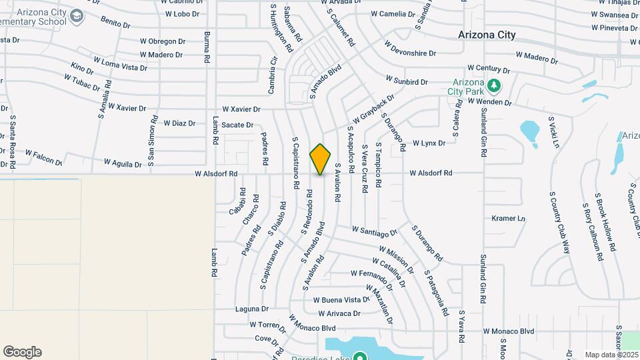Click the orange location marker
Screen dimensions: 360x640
click(321, 159)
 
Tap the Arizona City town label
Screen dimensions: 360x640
click(487, 35)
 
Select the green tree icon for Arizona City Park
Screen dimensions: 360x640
click(493, 85)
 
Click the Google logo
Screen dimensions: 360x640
click(22, 352)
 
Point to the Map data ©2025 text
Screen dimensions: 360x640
click(611, 355)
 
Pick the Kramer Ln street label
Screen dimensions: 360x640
click(509, 218)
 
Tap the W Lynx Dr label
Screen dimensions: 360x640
click(429, 143)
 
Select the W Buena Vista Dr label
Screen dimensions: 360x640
click(341, 300)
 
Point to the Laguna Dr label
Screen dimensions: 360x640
click(251, 309)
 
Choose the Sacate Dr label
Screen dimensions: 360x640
click(238, 125)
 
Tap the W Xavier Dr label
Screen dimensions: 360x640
click(241, 109)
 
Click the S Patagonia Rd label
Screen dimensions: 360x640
click(436, 294)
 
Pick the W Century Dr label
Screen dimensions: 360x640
click(488, 69)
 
